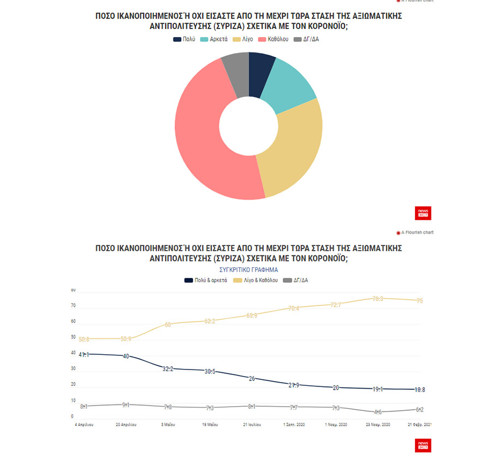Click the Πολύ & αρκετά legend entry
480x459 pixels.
[x=205, y=280]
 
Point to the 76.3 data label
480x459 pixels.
[x=377, y=299]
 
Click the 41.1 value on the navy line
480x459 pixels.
[x=84, y=354]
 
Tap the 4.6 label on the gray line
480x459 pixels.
[x=377, y=412]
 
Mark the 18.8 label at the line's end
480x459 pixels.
[x=419, y=390]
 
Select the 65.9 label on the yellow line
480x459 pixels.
[x=252, y=315]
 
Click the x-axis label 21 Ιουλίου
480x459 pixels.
[x=252, y=424]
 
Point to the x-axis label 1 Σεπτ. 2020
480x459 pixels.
[x=294, y=424]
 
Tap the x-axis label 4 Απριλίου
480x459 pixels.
[x=84, y=424]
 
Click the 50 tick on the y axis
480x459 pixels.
[x=73, y=337]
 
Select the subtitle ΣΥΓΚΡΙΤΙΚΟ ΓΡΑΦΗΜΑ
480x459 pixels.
[x=248, y=270]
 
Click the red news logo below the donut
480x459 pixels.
[x=423, y=213]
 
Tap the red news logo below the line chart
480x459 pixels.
[x=423, y=445]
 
